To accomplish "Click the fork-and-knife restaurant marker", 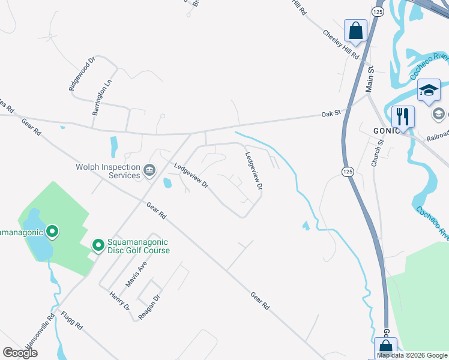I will tap(402, 115).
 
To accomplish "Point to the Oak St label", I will tap(331, 113).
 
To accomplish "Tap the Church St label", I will tap(376, 152).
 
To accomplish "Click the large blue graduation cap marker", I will tap(429, 90).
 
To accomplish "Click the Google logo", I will tap(20, 352).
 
